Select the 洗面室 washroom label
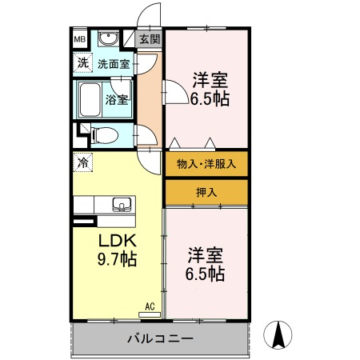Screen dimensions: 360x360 tap(114, 63)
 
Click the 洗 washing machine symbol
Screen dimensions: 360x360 tap(82, 62)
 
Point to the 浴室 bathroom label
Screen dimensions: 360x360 tap(117, 101)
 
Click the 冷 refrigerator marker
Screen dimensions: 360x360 tap(82, 162)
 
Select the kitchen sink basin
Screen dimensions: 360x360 tap(121, 203)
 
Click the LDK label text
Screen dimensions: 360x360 tap(118, 241)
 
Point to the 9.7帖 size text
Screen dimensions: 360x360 tap(118, 258)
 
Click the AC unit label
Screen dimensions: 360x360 tap(150, 305)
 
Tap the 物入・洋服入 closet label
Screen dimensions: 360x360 tap(206, 164)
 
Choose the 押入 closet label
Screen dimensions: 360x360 tap(206, 191)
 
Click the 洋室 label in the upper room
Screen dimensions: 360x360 tap(210, 80)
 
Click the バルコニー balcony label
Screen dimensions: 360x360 tap(159, 338)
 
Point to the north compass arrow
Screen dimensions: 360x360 tap(278, 334)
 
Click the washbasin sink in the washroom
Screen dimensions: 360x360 tap(107, 39)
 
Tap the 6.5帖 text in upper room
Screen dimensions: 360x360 tap(210, 99)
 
